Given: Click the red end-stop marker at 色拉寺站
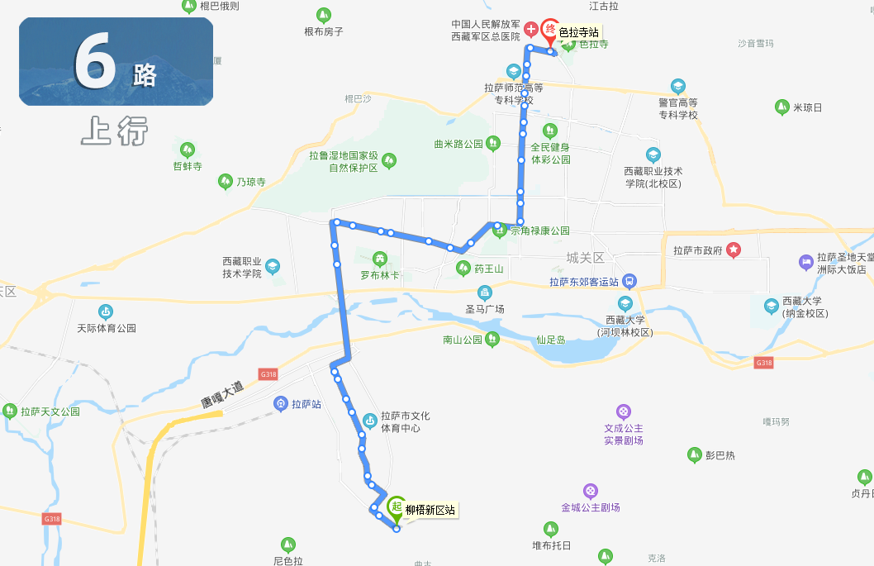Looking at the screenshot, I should point(550,30).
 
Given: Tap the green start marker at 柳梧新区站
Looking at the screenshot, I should point(396,507).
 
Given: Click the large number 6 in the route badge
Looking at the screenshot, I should point(96,62).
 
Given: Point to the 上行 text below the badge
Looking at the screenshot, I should point(114,131).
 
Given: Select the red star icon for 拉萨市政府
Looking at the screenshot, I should point(733,250).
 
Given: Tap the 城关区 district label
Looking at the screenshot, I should point(586,258).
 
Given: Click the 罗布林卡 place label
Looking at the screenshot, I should point(380,274).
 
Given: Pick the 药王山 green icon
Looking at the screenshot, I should point(463,268).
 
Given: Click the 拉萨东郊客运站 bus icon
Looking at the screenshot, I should point(629,281).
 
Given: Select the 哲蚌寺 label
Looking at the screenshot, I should point(188,165).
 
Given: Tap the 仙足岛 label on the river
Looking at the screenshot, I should point(550,339).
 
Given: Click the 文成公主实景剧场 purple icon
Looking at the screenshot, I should point(623,411).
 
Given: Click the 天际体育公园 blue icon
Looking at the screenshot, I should point(106,312).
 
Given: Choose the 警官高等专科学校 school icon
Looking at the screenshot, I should point(677,86).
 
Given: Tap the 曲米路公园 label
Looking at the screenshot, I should point(458,144).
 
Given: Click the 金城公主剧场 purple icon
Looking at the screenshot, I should point(590,491).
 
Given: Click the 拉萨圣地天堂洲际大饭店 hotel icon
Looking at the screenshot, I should point(805,263).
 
